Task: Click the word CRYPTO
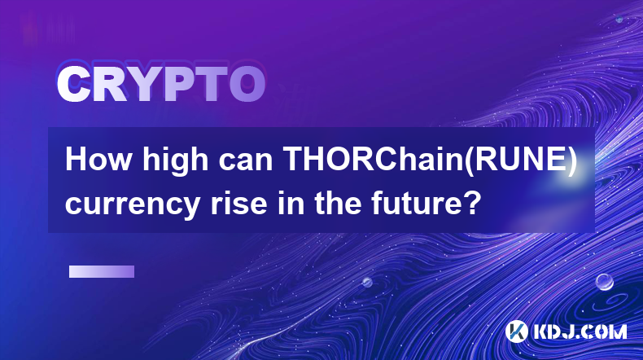(x=161, y=84)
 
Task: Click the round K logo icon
(x=516, y=331)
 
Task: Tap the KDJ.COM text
(x=580, y=331)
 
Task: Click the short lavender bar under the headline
(x=102, y=272)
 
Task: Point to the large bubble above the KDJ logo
(x=604, y=282)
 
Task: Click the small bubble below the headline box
(x=366, y=282)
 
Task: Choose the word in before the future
(x=291, y=203)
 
